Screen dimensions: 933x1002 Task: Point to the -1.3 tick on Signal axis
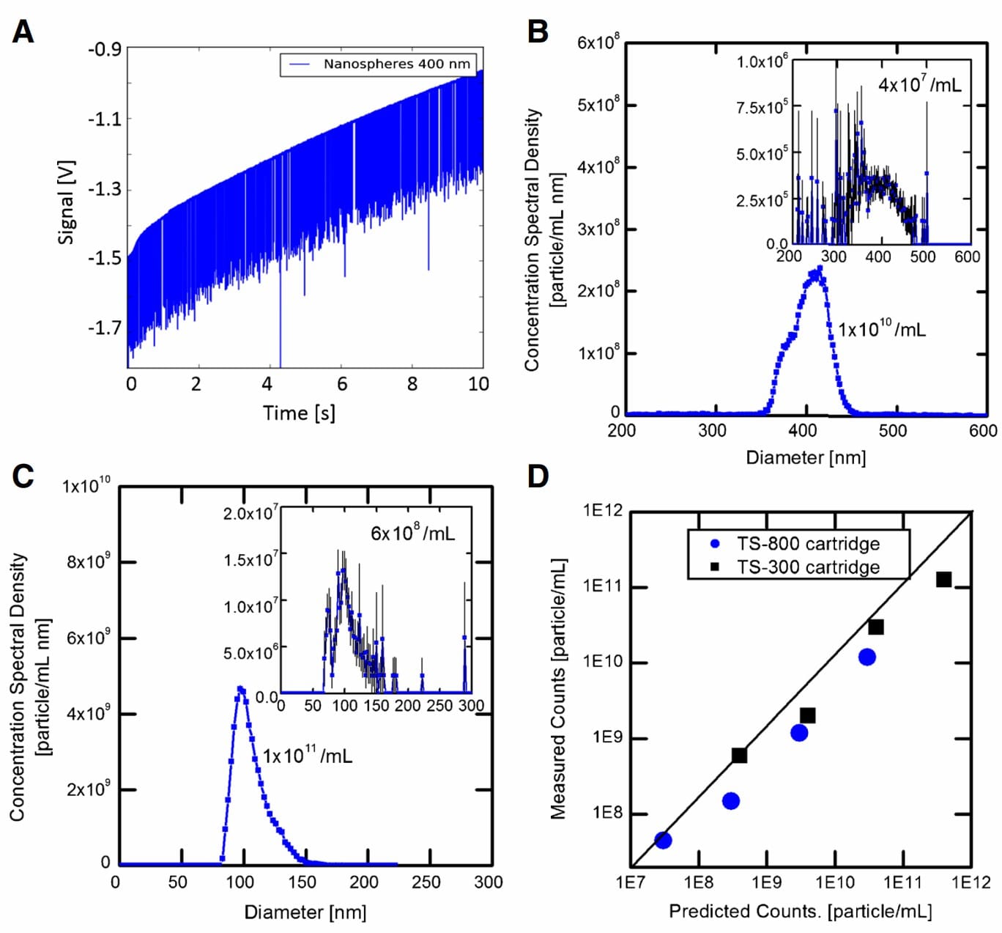tap(105, 189)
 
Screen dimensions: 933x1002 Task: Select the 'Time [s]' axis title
tap(299, 413)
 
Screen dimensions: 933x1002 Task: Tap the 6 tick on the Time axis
tap(342, 384)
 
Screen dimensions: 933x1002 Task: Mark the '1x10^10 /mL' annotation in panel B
tap(881, 329)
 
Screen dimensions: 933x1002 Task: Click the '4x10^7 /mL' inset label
tap(919, 84)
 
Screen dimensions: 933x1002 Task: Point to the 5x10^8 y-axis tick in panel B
tap(598, 105)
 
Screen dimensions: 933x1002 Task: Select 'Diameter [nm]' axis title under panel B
tap(805, 458)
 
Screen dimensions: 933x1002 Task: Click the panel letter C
tap(23, 476)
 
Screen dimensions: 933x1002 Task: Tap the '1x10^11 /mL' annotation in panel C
tap(307, 755)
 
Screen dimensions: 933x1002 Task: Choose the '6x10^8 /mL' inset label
tap(412, 533)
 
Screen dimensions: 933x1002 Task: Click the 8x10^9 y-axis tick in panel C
tap(88, 562)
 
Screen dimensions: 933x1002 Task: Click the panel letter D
tap(538, 476)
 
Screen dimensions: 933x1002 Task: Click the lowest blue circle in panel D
tap(663, 840)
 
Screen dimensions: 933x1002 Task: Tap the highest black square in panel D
tap(943, 580)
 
